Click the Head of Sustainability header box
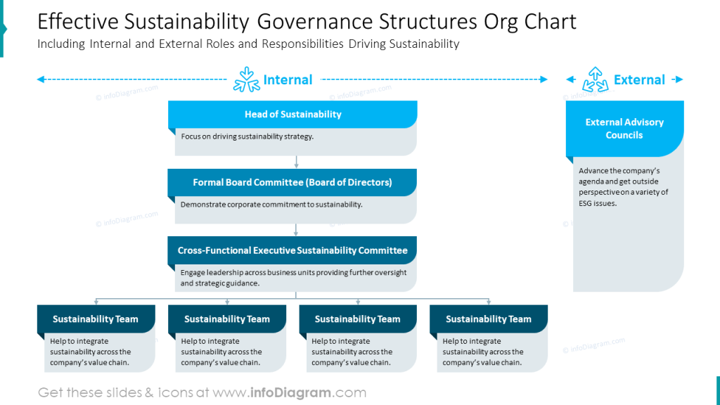point(292,115)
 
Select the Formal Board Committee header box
point(292,182)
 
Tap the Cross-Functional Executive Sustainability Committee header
point(292,250)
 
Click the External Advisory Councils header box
point(624,128)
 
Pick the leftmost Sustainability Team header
point(95,319)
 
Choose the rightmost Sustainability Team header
point(488,319)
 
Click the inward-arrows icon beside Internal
point(246,80)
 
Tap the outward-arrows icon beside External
point(595,80)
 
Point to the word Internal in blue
point(288,80)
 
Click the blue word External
point(639,80)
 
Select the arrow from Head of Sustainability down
point(296,162)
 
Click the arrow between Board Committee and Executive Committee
point(296,230)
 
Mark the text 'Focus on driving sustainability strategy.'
point(247,136)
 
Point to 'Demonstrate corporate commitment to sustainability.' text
point(271,205)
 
